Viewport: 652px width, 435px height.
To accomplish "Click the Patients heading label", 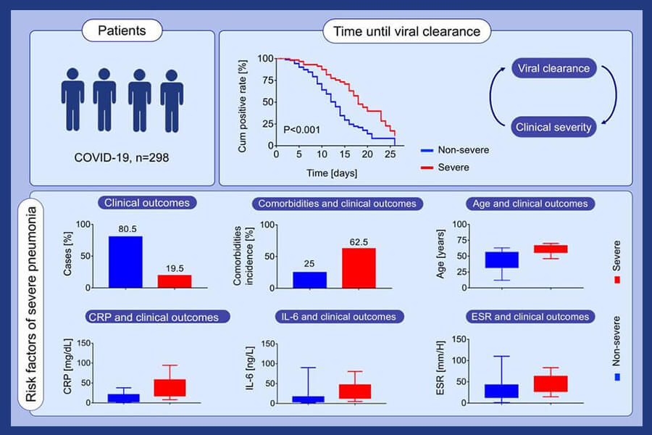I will click(122, 31).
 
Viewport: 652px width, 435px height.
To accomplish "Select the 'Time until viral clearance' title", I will click(406, 31).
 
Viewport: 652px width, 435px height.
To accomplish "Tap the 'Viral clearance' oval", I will click(554, 70).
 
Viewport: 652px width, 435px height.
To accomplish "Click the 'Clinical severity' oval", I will click(554, 128).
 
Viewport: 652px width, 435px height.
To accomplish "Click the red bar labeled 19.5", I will click(174, 281).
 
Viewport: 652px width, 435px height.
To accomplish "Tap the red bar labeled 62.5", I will click(360, 268).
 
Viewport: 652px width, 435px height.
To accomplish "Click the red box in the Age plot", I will click(551, 249).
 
